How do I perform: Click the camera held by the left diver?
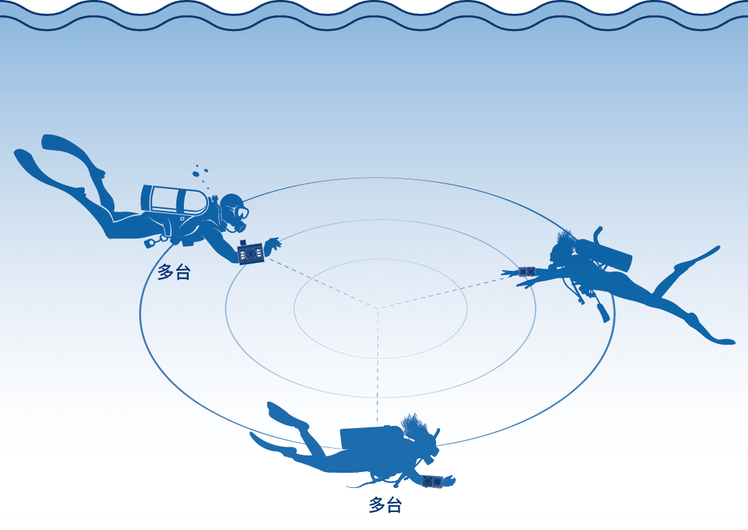(251, 252)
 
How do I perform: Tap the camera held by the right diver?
(527, 272)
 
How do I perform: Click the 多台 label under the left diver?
(174, 272)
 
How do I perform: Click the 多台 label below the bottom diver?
(385, 505)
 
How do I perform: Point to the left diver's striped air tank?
(174, 200)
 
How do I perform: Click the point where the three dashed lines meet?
(378, 308)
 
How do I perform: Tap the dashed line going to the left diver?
(322, 283)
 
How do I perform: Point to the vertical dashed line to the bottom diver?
(378, 366)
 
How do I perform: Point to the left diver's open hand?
(273, 244)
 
